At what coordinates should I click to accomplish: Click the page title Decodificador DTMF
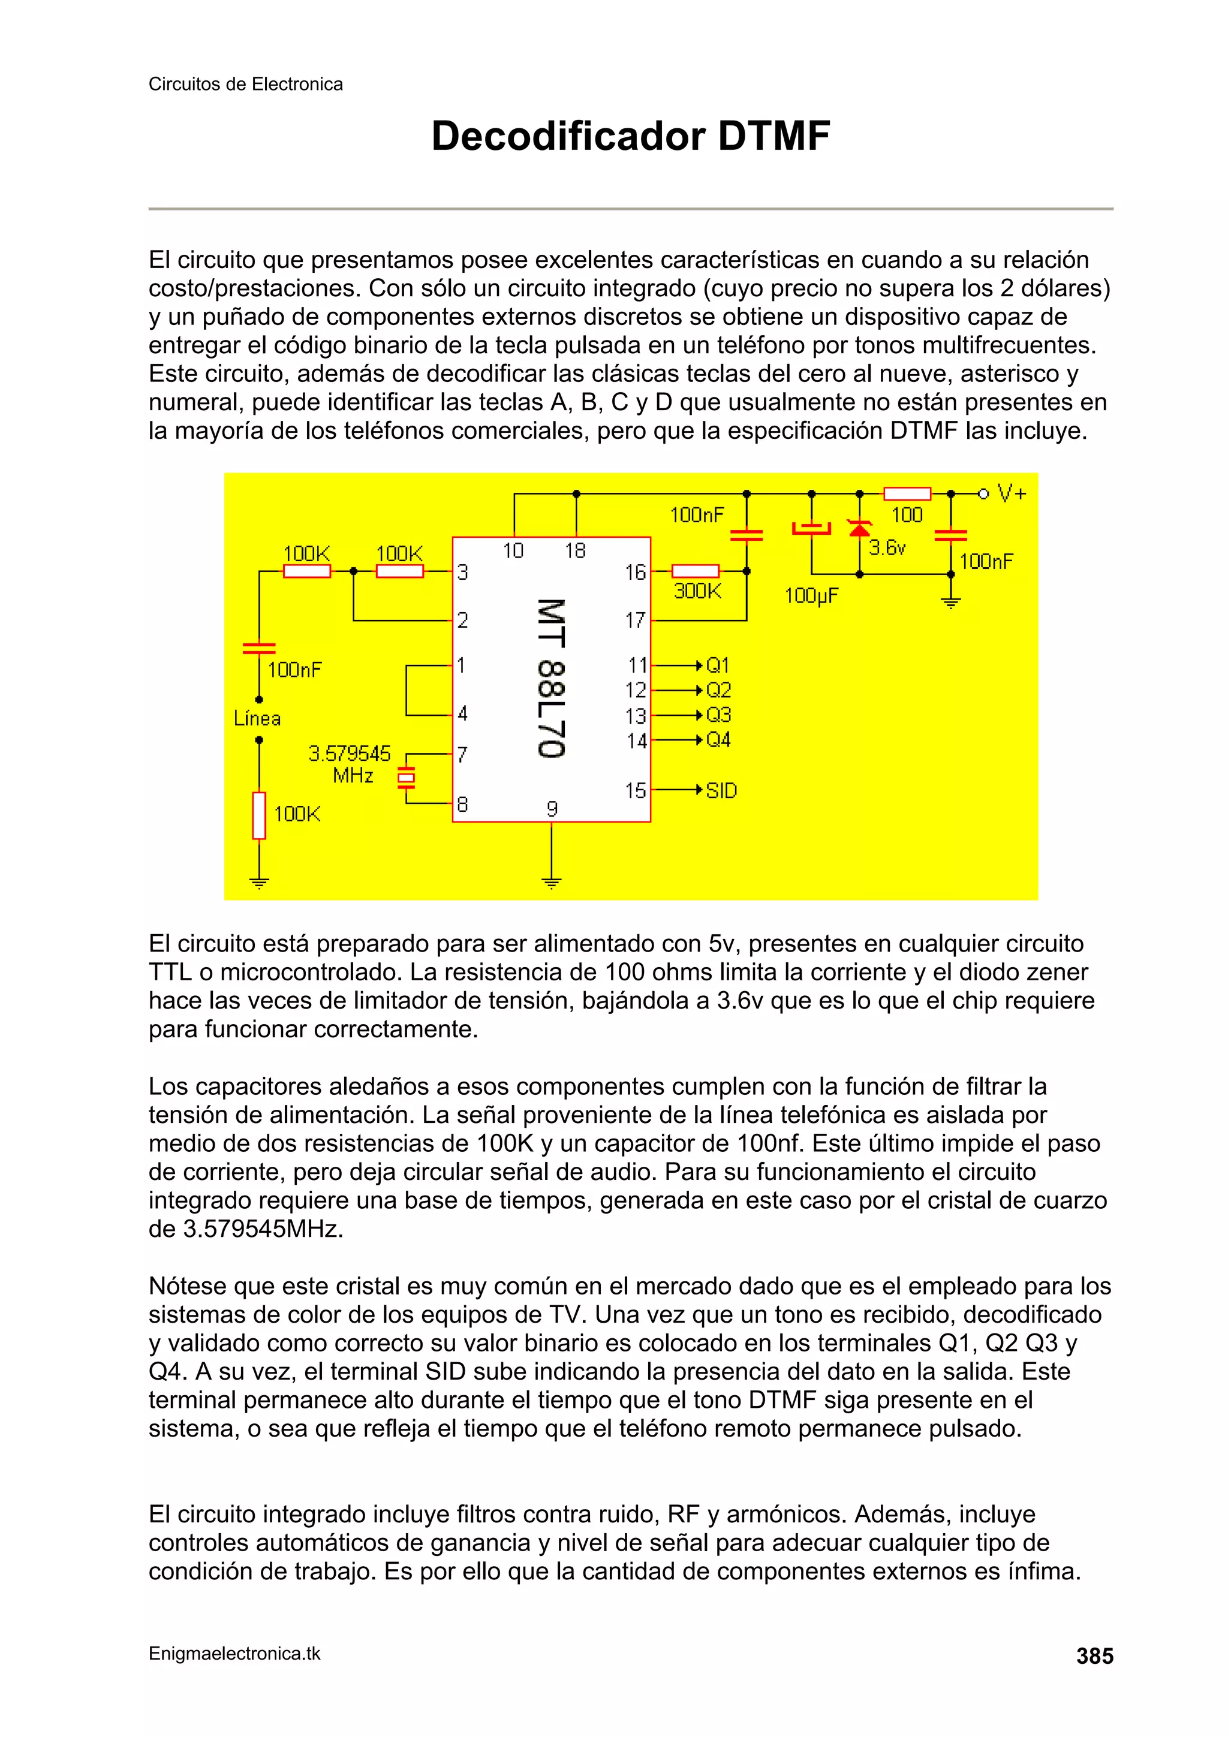630,137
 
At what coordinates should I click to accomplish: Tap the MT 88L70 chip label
551,679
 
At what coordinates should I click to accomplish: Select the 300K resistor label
697,591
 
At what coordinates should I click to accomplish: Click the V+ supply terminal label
1012,494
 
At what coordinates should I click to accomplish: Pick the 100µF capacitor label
811,596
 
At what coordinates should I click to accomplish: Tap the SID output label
721,791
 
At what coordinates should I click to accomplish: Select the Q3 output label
718,715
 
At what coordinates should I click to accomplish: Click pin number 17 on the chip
636,621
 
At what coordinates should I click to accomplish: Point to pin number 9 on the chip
552,809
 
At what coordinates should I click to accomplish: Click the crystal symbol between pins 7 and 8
407,777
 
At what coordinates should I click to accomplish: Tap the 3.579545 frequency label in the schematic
350,754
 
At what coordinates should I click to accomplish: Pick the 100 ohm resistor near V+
907,494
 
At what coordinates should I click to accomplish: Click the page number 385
1094,1656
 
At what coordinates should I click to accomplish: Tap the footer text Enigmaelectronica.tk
234,1654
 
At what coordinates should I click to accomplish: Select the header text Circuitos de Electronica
245,84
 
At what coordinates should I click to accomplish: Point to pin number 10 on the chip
513,551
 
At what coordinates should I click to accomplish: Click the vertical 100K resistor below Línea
259,815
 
